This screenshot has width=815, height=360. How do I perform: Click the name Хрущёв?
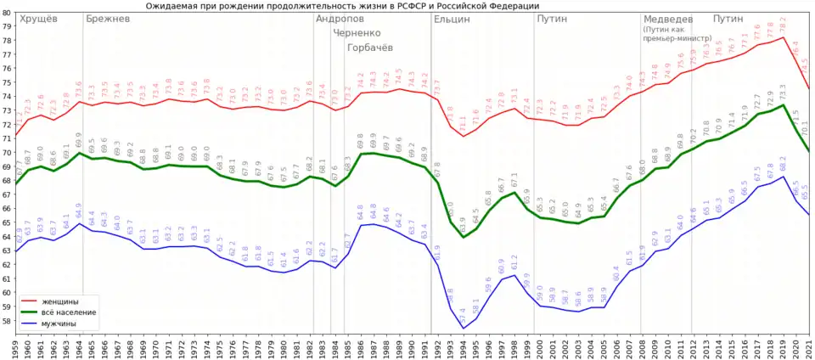coord(38,19)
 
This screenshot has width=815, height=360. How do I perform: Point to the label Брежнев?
coord(108,19)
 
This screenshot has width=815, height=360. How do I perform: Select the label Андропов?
coord(340,19)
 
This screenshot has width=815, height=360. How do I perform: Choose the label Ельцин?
coord(452,19)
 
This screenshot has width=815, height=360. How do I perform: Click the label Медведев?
coord(667,19)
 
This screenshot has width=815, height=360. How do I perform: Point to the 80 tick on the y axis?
coord(7,12)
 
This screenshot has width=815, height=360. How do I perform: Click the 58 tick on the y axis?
coord(7,321)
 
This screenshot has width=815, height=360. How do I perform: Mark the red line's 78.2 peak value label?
coord(783,25)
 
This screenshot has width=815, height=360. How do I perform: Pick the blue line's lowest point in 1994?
coord(464,329)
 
